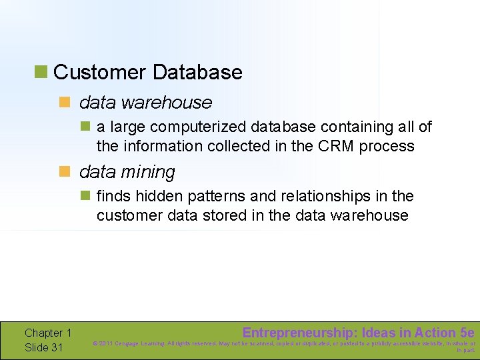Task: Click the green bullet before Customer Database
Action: click(42, 71)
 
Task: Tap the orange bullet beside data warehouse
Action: click(65, 102)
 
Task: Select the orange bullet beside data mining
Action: click(65, 171)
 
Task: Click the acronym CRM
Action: click(335, 146)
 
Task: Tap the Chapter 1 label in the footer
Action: click(48, 333)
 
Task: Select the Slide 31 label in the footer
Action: click(44, 347)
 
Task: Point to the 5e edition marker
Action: click(467, 333)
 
